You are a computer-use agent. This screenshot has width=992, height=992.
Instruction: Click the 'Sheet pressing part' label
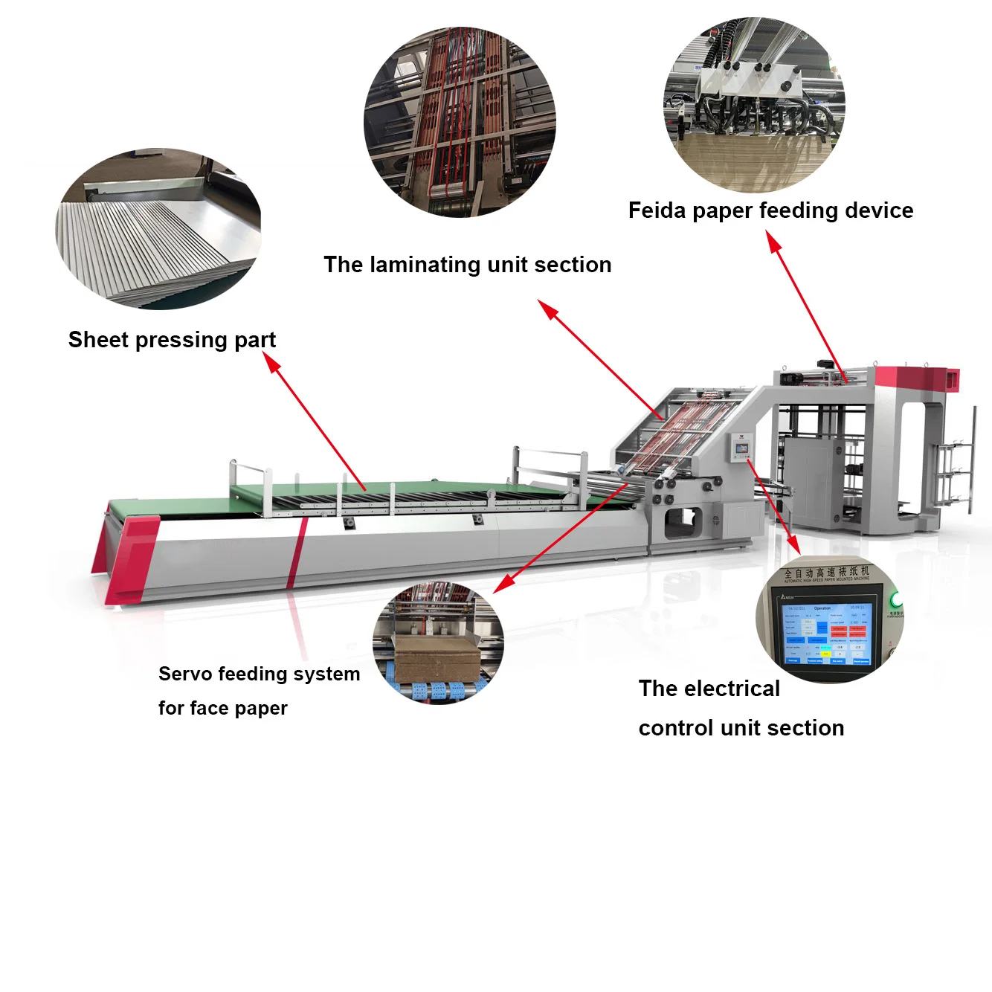click(172, 340)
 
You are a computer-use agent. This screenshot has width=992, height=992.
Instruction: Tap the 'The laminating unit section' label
click(467, 265)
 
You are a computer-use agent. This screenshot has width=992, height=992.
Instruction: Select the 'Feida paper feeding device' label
click(770, 210)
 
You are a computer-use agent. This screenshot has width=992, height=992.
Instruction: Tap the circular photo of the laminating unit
click(460, 123)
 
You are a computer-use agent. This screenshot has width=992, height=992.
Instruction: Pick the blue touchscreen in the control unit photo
click(825, 635)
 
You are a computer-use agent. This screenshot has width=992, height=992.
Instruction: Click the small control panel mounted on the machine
click(741, 447)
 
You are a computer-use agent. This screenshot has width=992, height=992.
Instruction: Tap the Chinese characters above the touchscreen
click(826, 572)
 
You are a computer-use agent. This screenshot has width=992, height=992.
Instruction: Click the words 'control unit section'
click(741, 728)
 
